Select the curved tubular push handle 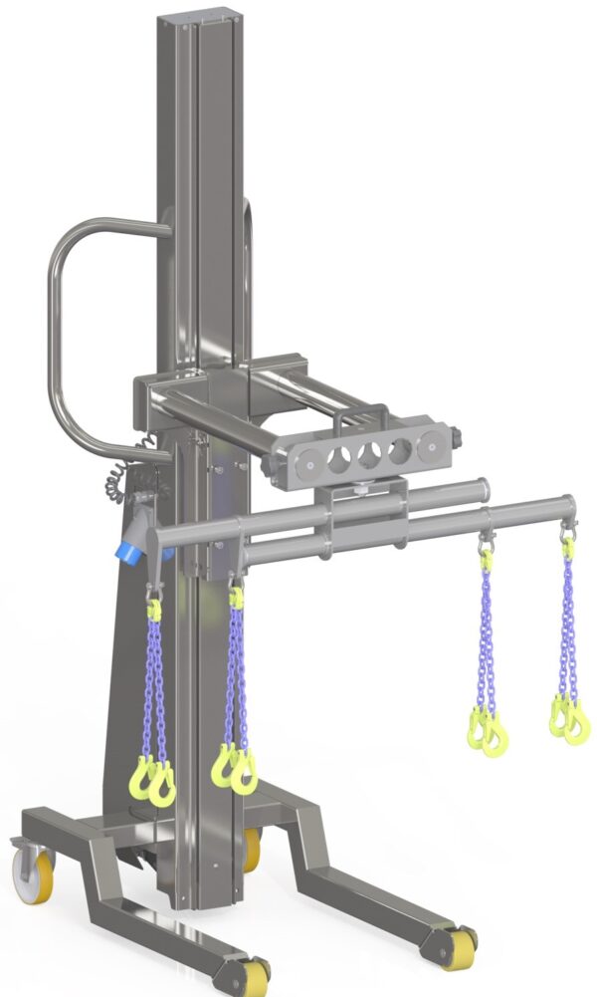coord(62,329)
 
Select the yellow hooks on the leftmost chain coord(152,778)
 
